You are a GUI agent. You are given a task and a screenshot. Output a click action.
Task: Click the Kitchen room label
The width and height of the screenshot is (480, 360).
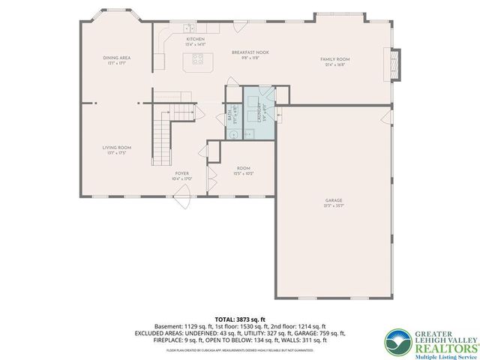[x=195, y=39]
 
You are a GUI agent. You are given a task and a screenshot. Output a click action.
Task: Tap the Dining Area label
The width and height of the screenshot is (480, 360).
[x=117, y=58]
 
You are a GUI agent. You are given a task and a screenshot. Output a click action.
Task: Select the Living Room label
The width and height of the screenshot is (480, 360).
[x=117, y=148]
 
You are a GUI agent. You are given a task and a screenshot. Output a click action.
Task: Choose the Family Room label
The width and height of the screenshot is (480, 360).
[x=334, y=59]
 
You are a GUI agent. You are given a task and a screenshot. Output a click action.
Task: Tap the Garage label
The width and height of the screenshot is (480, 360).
[x=334, y=200]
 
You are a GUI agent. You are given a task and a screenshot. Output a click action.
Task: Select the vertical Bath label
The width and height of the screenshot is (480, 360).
[x=230, y=118]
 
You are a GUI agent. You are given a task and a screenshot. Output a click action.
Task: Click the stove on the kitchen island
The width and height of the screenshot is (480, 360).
[x=199, y=61]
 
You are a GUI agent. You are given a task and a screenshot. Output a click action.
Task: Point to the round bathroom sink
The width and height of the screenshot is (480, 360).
[x=234, y=134]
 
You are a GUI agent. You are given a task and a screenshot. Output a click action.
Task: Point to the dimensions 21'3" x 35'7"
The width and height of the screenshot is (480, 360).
[x=334, y=205]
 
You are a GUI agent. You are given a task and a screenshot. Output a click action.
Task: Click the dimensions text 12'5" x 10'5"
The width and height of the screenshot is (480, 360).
[x=244, y=173]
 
